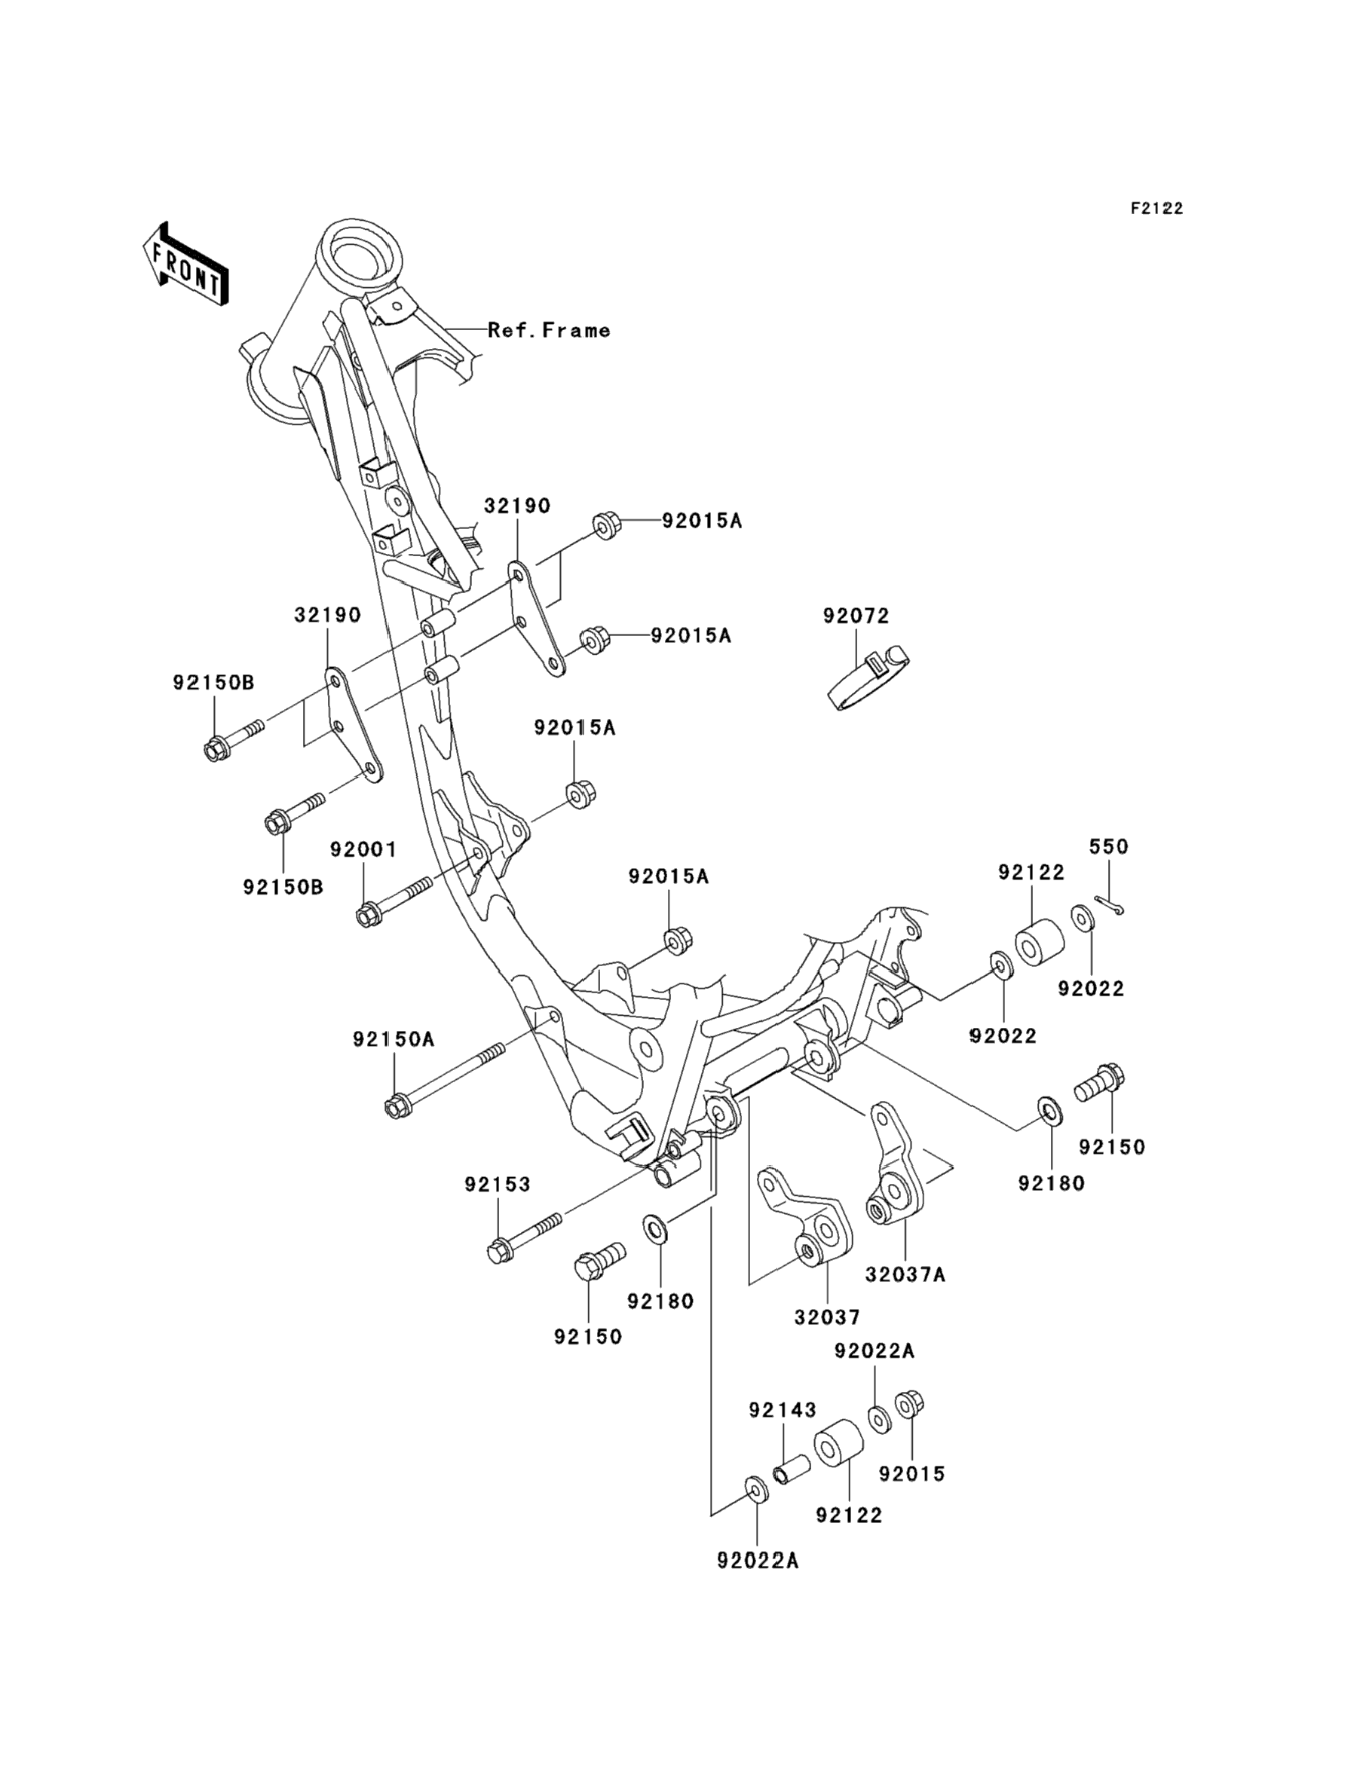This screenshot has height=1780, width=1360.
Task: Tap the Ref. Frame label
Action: click(x=549, y=330)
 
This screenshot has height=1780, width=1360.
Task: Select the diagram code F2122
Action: click(x=1156, y=209)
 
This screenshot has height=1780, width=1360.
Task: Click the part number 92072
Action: click(x=856, y=616)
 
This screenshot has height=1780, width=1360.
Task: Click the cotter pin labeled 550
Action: click(x=1108, y=905)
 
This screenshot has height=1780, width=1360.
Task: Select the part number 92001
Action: click(x=363, y=849)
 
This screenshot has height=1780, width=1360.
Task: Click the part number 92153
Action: click(x=497, y=1184)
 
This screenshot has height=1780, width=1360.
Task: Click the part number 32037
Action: click(x=826, y=1317)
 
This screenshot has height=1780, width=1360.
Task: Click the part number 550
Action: click(x=1108, y=846)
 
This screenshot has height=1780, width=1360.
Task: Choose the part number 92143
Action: click(x=782, y=1410)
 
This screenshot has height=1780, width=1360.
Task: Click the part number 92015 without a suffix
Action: click(x=911, y=1473)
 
